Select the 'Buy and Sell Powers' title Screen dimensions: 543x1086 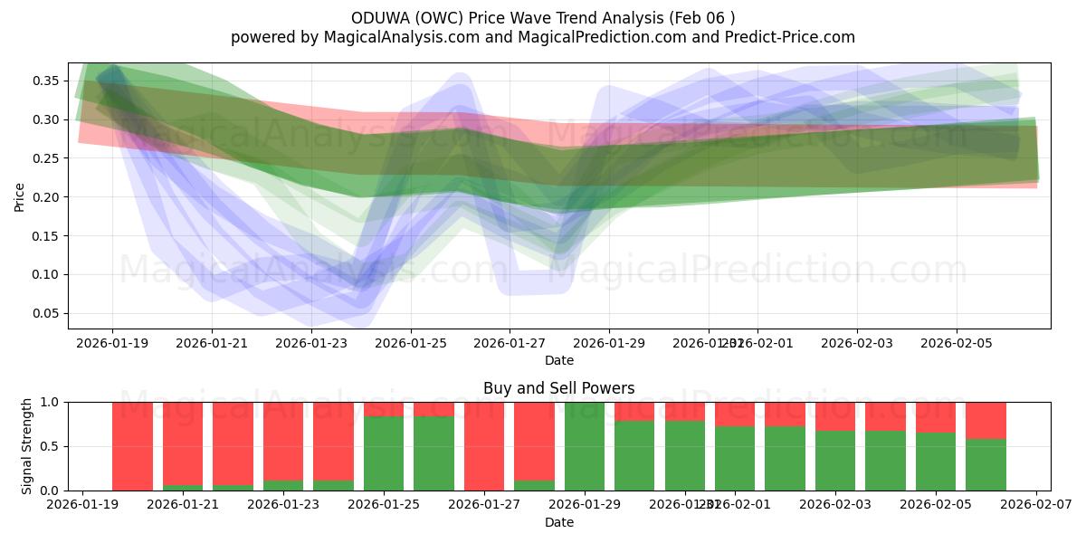558,388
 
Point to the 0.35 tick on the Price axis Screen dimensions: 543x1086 47,81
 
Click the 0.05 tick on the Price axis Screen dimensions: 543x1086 47,313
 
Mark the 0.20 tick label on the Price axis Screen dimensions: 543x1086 47,197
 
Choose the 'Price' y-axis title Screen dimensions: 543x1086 19,195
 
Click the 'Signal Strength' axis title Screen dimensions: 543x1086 27,446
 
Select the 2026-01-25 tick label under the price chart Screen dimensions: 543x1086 411,344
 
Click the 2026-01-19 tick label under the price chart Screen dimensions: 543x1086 112,344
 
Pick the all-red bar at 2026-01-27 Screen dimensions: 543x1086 483,446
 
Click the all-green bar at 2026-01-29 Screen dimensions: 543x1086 584,446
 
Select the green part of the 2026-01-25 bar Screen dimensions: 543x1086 384,453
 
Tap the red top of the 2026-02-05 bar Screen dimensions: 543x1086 935,416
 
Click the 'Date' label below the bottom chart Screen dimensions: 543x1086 558,522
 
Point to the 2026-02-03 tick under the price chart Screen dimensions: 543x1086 857,344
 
